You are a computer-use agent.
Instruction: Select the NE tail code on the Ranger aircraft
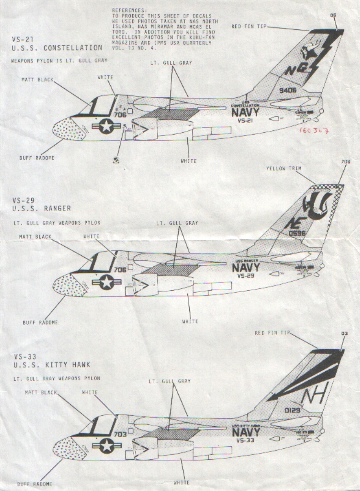[x=292, y=225]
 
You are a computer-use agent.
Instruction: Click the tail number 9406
[x=287, y=90]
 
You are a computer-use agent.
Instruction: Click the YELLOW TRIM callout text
[x=284, y=169]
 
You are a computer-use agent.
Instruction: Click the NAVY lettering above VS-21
[x=245, y=112]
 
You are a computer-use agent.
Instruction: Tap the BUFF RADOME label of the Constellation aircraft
[x=37, y=158]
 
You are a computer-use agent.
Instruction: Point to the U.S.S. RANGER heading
[x=42, y=208]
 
